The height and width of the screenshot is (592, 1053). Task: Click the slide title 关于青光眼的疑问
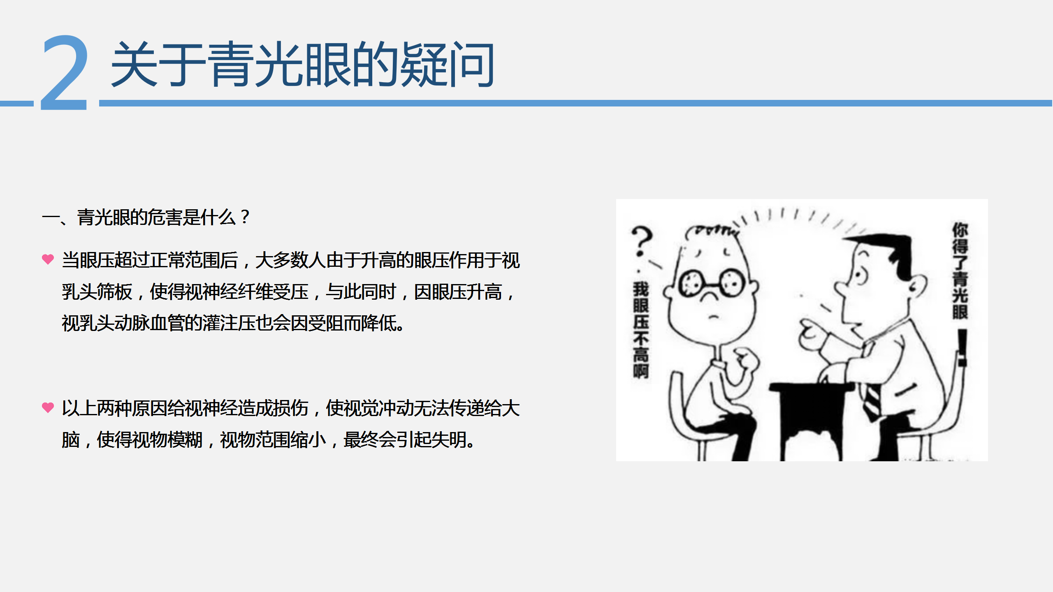point(303,65)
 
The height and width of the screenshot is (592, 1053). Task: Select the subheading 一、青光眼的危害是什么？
point(146,217)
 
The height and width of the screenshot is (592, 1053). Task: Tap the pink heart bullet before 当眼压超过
point(48,259)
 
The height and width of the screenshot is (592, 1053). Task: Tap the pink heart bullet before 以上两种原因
point(48,407)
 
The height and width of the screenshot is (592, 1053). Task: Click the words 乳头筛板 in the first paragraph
point(97,292)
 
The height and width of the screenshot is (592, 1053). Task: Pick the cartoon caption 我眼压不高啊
point(641,330)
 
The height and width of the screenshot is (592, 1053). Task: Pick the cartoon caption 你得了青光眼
point(960,271)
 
